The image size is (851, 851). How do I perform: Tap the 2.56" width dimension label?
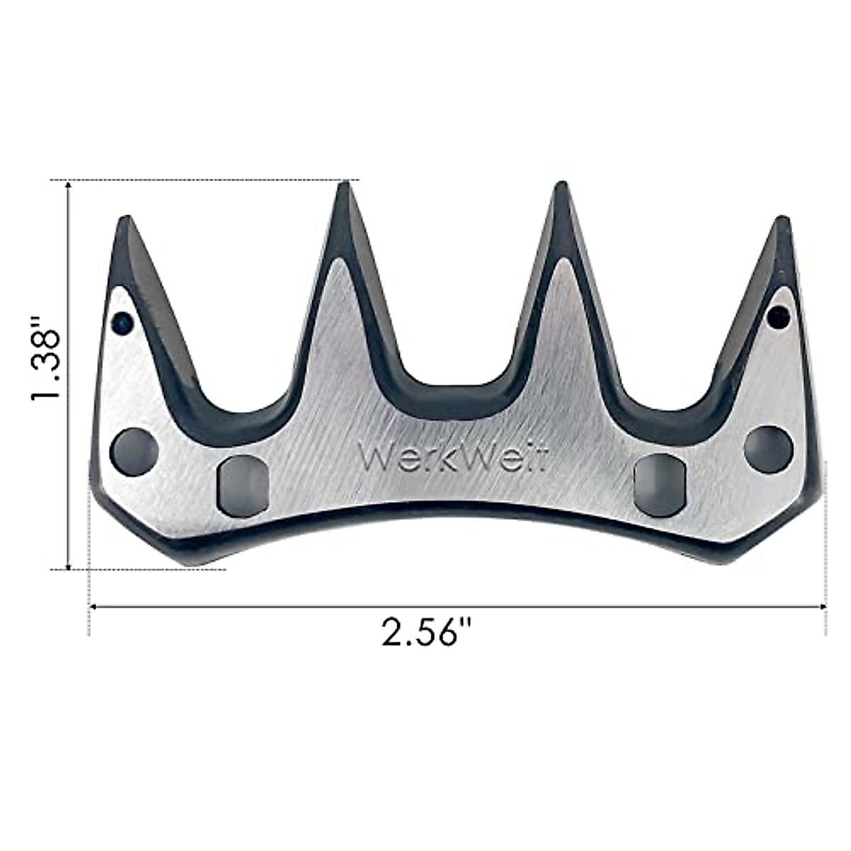pos(427,632)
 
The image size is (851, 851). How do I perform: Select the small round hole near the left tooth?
pos(123,323)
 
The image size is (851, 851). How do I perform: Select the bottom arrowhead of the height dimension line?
pos(68,564)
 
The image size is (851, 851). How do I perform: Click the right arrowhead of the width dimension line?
pos(824,606)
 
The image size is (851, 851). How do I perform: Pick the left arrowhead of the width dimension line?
pos(91,606)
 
